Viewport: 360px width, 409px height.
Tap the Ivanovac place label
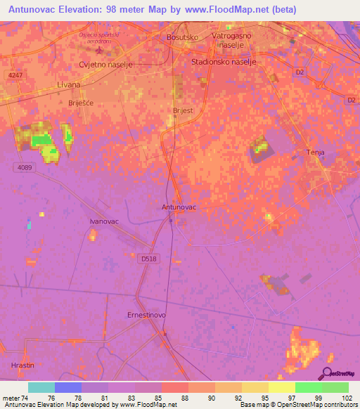pyautogui.click(x=102, y=221)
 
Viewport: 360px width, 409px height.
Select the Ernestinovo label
pyautogui.click(x=146, y=315)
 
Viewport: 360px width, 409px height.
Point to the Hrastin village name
pyautogui.click(x=22, y=365)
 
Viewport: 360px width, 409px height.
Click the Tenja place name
pyautogui.click(x=316, y=152)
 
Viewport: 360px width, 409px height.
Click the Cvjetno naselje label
pyautogui.click(x=105, y=64)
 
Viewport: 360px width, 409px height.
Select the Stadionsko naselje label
pyautogui.click(x=224, y=62)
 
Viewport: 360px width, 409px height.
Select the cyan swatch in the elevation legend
pyautogui.click(x=41, y=387)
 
